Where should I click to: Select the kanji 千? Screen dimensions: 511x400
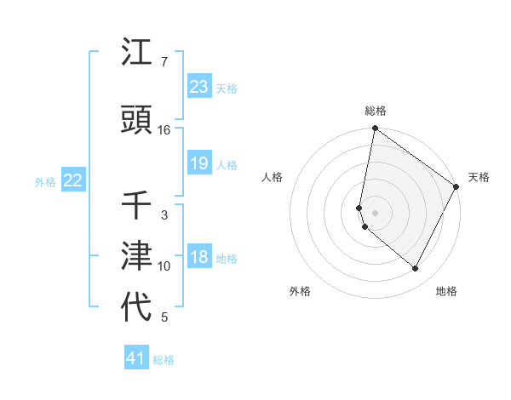pyautogui.click(x=137, y=206)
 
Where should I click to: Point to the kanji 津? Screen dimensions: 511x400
pyautogui.click(x=137, y=256)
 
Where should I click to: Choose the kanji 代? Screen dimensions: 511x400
pyautogui.click(x=137, y=307)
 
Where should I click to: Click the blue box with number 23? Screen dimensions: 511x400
pyautogui.click(x=199, y=86)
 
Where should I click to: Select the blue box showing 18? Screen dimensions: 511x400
pyautogui.click(x=199, y=257)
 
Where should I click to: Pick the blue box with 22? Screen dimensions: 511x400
pyautogui.click(x=73, y=180)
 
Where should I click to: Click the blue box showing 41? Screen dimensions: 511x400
pyautogui.click(x=136, y=358)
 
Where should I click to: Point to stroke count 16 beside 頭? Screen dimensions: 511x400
pyautogui.click(x=164, y=130)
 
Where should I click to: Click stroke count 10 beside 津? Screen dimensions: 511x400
pyautogui.click(x=164, y=266)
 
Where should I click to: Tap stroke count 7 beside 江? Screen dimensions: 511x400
pyautogui.click(x=164, y=62)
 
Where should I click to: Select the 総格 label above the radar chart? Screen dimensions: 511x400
pyautogui.click(x=375, y=111)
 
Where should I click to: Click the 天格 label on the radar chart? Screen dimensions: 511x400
pyautogui.click(x=479, y=177)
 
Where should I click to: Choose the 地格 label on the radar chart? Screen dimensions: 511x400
pyautogui.click(x=446, y=291)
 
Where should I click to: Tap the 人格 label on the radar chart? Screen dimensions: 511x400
pyautogui.click(x=273, y=177)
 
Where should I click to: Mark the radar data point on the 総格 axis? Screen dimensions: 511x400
pyautogui.click(x=375, y=129)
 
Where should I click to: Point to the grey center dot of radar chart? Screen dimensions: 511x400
pyautogui.click(x=375, y=213)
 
